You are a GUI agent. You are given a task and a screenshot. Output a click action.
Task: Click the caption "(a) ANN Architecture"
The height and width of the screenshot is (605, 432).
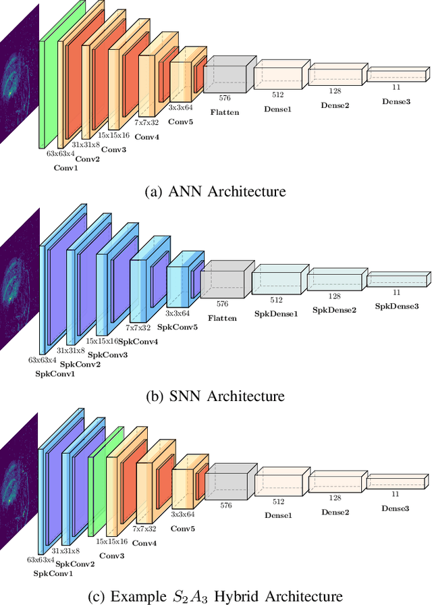215,191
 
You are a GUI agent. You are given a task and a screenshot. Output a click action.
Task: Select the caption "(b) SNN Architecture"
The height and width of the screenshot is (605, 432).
215,396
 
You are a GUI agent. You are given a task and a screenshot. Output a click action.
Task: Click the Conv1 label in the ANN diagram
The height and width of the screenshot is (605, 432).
66,168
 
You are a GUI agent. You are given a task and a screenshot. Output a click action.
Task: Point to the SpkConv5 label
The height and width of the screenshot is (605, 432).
178,326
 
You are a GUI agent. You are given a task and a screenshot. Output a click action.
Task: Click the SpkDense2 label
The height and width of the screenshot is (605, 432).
334,310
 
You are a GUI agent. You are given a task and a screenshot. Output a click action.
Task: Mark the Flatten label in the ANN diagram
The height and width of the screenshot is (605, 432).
225,112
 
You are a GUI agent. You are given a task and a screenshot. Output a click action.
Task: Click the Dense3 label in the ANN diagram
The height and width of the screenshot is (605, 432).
396,101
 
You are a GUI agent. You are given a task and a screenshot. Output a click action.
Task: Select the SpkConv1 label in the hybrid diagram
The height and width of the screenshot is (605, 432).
53,573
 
